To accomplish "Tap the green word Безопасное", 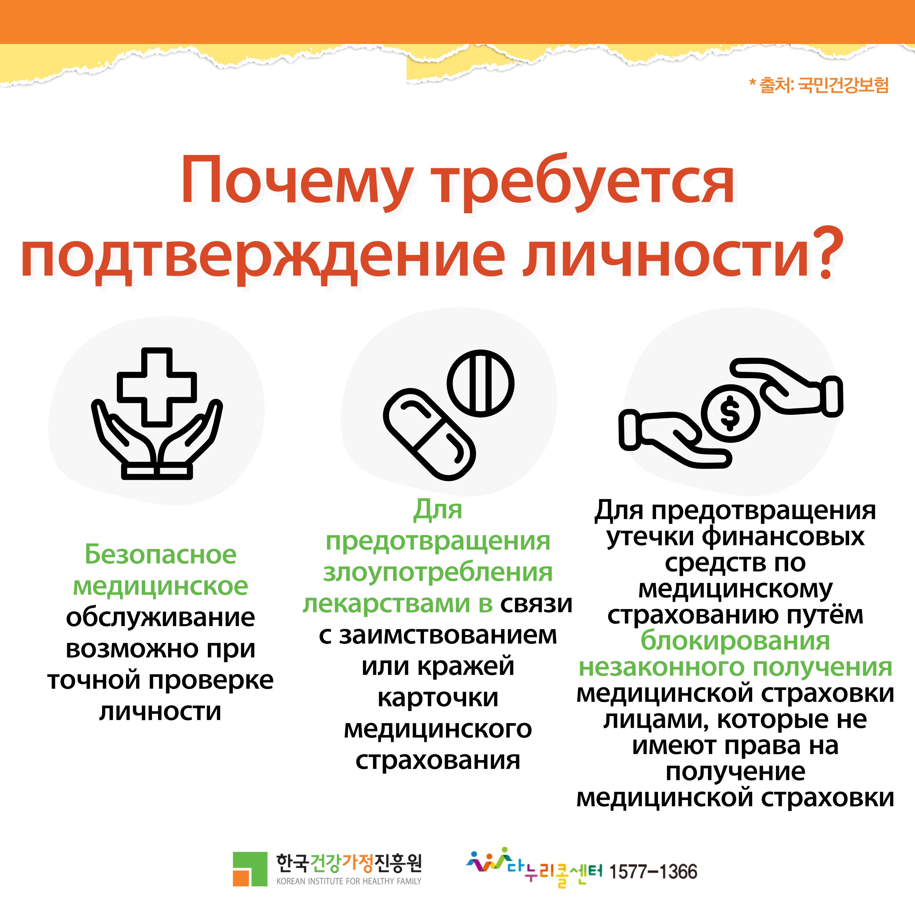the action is pos(160,554).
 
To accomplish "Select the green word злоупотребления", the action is pos(438,573).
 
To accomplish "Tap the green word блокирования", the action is pos(735,642).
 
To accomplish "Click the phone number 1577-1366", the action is pos(653,871).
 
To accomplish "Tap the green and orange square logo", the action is pos(249,869).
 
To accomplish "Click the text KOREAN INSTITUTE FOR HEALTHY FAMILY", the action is pos(349,881).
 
